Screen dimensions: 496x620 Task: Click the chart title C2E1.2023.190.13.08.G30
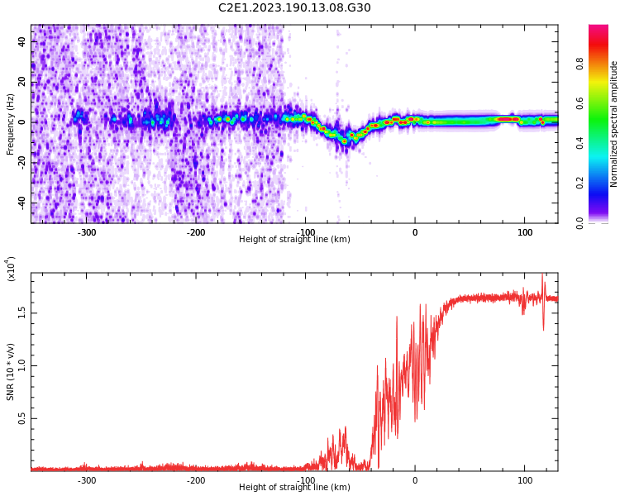[294, 8]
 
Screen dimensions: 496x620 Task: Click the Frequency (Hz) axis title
[11, 124]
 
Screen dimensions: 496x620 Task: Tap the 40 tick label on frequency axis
[23, 41]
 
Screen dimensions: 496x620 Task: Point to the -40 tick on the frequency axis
[21, 203]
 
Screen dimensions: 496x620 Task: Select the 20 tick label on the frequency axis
[23, 82]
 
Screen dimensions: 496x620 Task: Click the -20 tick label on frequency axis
[21, 162]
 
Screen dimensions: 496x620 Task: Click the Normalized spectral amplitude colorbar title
[614, 124]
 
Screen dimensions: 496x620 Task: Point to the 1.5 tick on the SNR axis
[23, 312]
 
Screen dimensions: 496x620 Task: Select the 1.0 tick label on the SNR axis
[23, 365]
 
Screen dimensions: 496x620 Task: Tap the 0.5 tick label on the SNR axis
[23, 418]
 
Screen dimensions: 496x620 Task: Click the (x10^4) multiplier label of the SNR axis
[11, 269]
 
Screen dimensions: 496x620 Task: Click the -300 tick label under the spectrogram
[87, 232]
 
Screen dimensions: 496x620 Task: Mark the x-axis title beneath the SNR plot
[294, 488]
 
